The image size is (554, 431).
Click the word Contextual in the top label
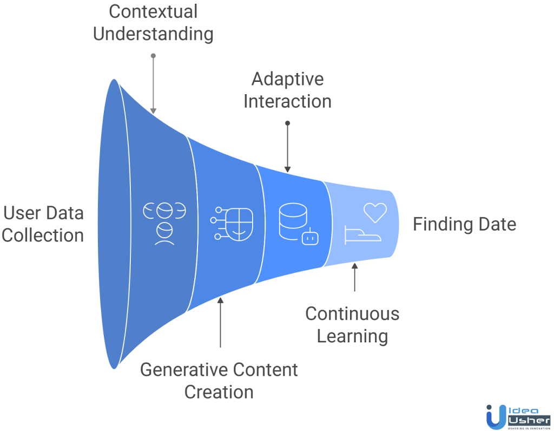click(153, 11)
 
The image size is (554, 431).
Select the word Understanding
click(153, 34)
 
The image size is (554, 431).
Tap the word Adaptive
click(287, 79)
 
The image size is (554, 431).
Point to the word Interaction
click(287, 101)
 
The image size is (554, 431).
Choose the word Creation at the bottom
click(219, 392)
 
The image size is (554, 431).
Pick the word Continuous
click(352, 314)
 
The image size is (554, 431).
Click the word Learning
click(352, 336)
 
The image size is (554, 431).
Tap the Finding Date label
click(464, 224)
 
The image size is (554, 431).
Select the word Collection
click(43, 236)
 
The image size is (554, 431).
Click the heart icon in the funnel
click(375, 212)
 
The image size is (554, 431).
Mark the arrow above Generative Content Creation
click(220, 322)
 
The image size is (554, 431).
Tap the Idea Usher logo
click(517, 416)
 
